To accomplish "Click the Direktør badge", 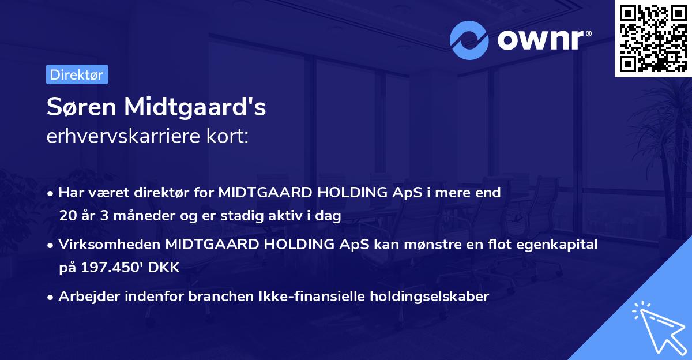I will [x=77, y=74].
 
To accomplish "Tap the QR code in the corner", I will [x=653, y=38].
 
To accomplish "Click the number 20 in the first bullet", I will [x=67, y=216].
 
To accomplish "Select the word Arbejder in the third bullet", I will [x=83, y=297].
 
